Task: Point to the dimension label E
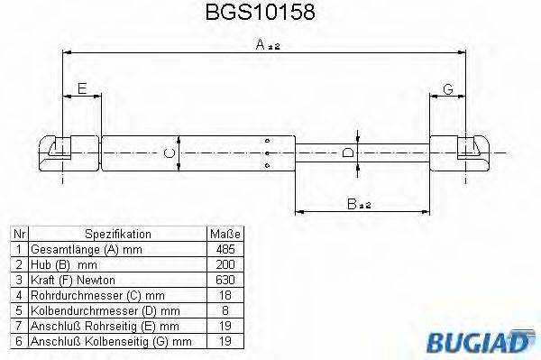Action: (x=81, y=88)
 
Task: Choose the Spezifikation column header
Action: (x=118, y=234)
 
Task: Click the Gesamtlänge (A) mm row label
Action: (x=87, y=248)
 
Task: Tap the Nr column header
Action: (x=17, y=234)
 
